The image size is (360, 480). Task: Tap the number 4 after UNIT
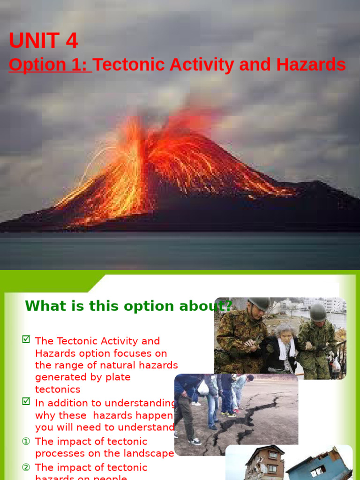[72, 41]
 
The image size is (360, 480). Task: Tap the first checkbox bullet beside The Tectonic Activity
[26, 340]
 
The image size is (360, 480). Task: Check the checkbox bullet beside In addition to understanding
[26, 402]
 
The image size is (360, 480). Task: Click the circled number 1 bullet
[26, 442]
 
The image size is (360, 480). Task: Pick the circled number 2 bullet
[26, 467]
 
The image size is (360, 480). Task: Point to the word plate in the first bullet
[120, 377]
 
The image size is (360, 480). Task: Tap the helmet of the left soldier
[259, 304]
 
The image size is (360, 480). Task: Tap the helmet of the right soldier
[318, 312]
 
